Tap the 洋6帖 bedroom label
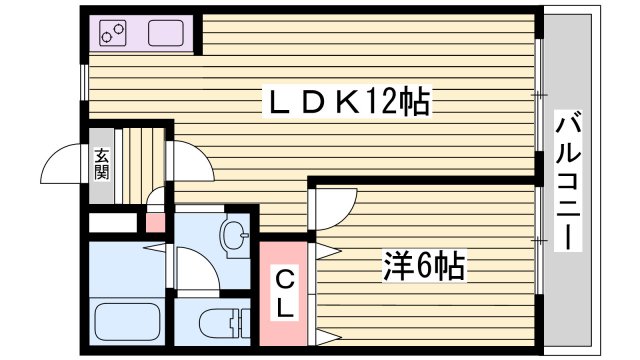[423, 267]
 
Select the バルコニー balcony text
[568, 182]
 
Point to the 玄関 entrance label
[103, 161]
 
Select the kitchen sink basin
[168, 34]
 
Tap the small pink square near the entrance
[155, 221]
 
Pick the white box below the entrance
[113, 223]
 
